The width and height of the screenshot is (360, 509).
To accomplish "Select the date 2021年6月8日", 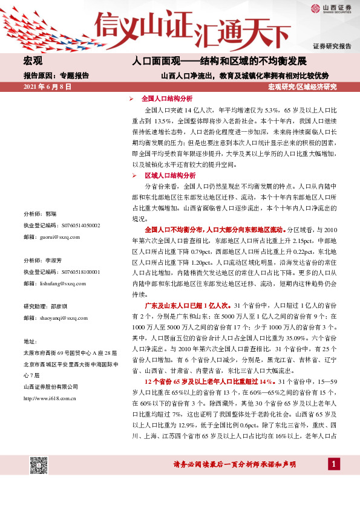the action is [47, 87].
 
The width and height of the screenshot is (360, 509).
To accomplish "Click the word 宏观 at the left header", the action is [33, 62].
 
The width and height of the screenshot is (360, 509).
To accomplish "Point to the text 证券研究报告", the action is [332, 47].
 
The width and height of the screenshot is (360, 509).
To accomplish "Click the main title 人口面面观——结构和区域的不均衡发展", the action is [220, 62].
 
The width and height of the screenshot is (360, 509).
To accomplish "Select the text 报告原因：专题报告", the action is [56, 76].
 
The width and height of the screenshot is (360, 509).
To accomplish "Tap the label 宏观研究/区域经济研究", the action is [302, 87].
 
